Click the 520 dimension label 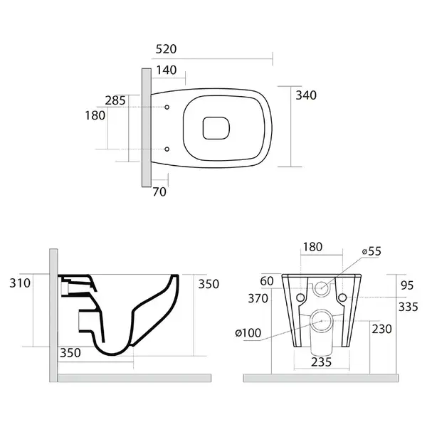point(166,49)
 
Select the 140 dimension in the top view point(167,70)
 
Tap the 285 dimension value point(115,100)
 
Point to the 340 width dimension point(306,95)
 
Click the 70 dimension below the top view point(159,192)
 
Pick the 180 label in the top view point(95,115)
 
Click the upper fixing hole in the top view point(167,107)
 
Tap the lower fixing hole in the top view point(167,149)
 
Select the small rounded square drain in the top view point(216,128)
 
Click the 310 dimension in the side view point(20,283)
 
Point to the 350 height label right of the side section point(209,284)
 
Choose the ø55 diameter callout point(371,251)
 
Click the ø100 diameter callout point(248,333)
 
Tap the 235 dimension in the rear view point(322,362)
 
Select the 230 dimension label point(381,329)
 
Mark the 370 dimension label point(258,298)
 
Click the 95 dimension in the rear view point(407,285)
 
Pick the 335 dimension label point(408,307)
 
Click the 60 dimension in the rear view point(267,281)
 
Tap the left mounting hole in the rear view point(300,297)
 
